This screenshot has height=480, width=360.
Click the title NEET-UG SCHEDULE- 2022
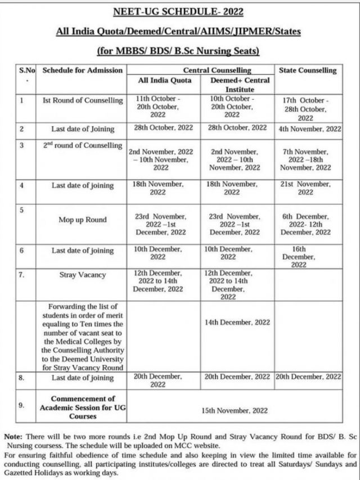click(178, 11)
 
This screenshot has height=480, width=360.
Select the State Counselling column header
click(307, 70)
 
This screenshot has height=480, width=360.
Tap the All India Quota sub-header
click(165, 80)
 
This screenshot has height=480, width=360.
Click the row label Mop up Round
click(83, 220)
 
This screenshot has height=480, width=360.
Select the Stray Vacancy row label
click(83, 276)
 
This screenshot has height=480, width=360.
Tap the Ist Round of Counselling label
click(83, 101)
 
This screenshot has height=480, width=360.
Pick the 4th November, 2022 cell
click(309, 129)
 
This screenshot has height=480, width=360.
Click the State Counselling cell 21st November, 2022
click(305, 188)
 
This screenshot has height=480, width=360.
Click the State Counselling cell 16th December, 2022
click(305, 257)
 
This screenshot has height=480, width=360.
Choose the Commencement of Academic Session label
click(83, 407)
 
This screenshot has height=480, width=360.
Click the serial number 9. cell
click(21, 404)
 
